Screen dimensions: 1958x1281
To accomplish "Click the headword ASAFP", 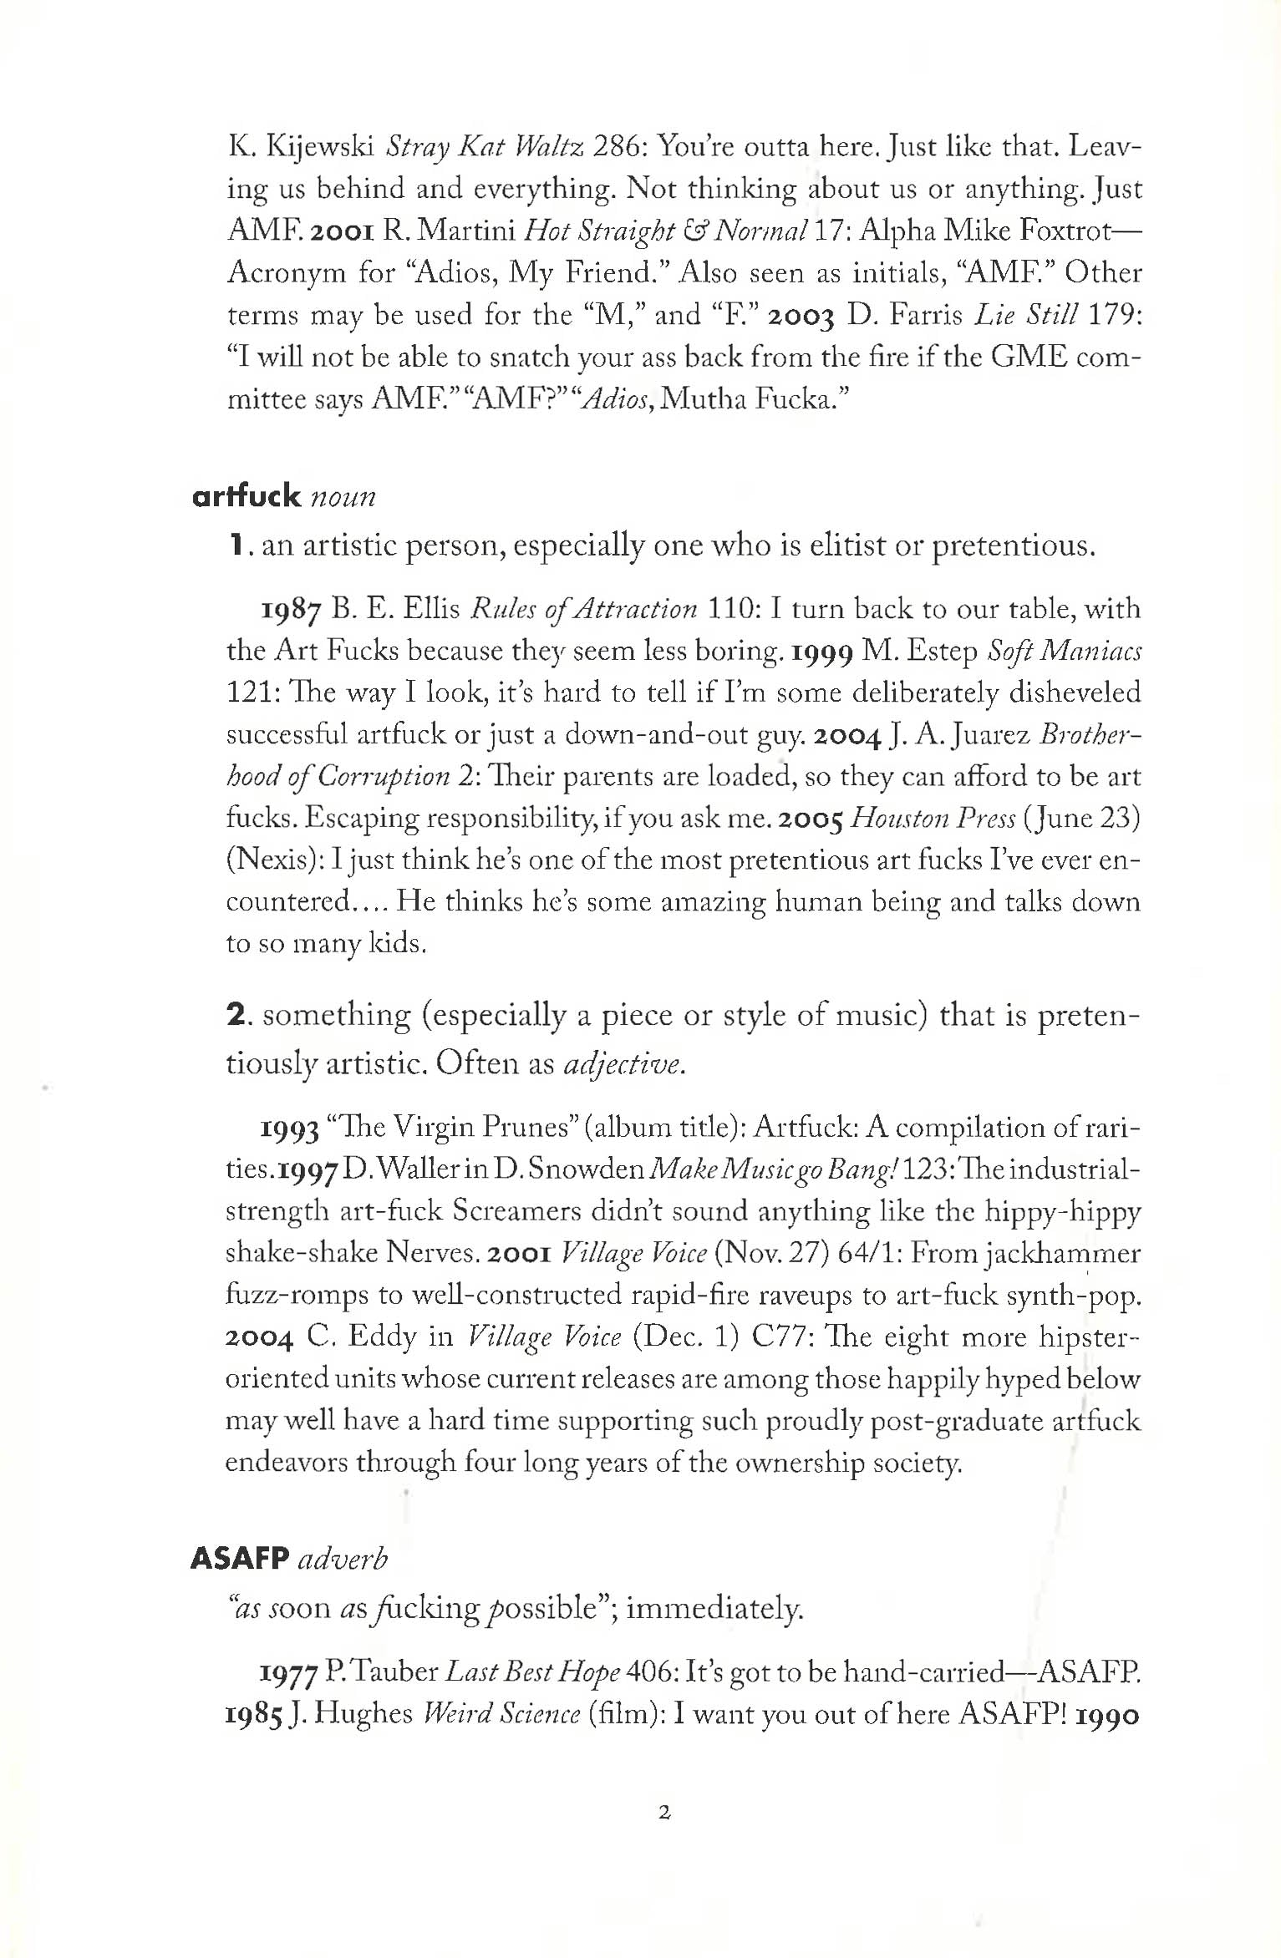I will [x=240, y=1558].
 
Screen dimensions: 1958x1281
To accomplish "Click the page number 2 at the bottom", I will [x=664, y=1813].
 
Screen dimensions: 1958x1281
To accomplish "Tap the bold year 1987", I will [x=290, y=611].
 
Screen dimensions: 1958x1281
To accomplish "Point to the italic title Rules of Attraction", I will [x=583, y=609].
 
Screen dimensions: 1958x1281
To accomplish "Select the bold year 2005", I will [x=811, y=819].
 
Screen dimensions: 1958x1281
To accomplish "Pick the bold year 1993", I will [x=290, y=1129].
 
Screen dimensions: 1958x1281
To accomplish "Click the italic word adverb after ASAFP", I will [x=343, y=1559].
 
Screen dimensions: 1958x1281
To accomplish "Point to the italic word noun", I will [x=343, y=497].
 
